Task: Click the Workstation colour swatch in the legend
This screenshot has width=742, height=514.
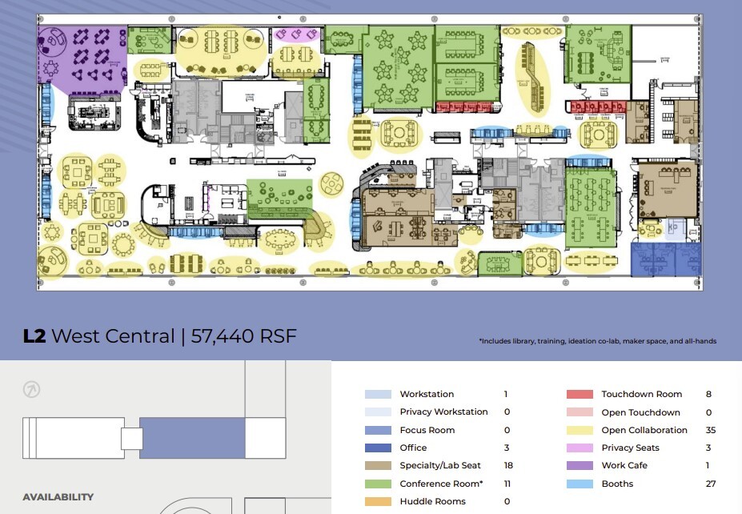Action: pos(378,394)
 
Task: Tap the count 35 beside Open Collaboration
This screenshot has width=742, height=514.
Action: pos(711,430)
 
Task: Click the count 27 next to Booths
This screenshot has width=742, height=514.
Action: pos(711,484)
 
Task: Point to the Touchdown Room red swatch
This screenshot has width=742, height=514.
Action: pos(580,394)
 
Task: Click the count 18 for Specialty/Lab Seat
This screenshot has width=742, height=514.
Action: pos(508,465)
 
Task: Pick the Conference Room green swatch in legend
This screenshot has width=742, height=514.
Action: pos(378,484)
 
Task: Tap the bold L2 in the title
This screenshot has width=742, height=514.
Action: pos(34,336)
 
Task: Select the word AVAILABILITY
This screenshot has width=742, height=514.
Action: pos(58,497)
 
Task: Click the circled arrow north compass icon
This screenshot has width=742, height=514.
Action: pos(33,390)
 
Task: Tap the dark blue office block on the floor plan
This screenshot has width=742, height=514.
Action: pos(664,259)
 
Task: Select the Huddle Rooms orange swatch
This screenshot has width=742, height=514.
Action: pos(378,501)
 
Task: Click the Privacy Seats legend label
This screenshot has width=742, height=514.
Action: pos(631,448)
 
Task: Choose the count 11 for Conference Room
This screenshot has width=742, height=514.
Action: pos(508,484)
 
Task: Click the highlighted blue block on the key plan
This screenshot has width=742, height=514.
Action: pos(192,437)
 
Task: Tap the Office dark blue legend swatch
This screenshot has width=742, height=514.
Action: pos(378,448)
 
